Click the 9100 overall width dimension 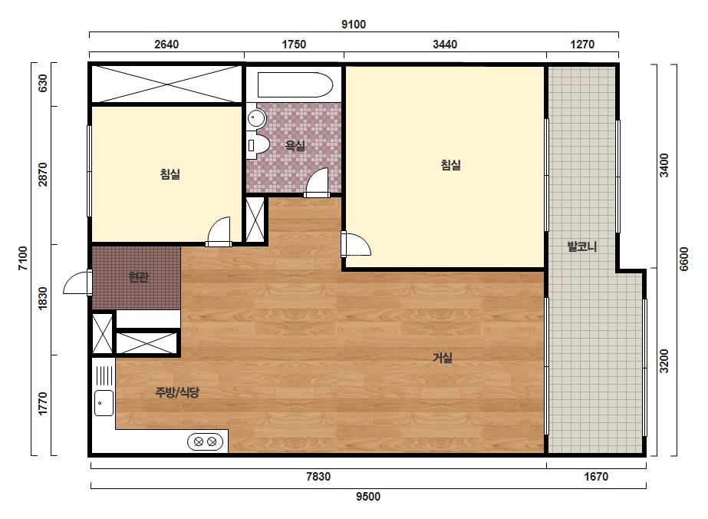coord(354,25)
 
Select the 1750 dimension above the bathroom coord(294,45)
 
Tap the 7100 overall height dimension coord(23,258)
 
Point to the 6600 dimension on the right coord(684,259)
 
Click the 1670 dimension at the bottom coord(596,477)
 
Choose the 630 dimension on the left coord(42,83)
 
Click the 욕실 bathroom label coord(295,146)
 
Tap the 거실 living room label coord(443,358)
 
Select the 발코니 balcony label coord(582,247)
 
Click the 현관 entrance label coord(138,277)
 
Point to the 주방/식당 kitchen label coord(177,392)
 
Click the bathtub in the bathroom coord(295,85)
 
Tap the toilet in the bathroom coord(258,145)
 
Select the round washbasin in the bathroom coord(257,118)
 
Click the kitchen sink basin coord(104,403)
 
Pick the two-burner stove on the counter coord(206,441)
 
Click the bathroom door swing coord(317,183)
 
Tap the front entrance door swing coord(77,283)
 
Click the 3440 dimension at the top coord(445,45)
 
